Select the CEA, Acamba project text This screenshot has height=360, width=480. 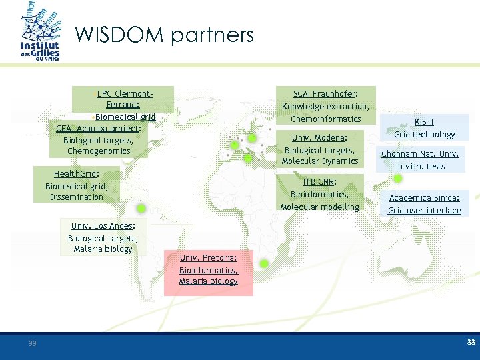pos(97,129)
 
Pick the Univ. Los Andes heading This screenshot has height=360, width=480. pos(101,226)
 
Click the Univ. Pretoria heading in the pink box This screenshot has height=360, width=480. pos(207,258)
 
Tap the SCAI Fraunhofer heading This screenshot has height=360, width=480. pos(325,94)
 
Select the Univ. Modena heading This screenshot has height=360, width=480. pos(319,137)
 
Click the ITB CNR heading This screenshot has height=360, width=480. pos(319,182)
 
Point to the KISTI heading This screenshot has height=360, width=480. pos(424,122)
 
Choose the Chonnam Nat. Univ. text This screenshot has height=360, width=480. pos(420,154)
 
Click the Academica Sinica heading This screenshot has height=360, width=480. pos(424,198)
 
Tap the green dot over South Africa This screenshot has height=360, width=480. pos(264,264)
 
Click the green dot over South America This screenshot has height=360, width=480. pos(141,209)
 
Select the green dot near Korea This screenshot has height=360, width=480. pos(397,179)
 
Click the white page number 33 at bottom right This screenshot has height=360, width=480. pos(471,342)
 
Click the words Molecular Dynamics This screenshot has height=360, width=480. pos(320,161)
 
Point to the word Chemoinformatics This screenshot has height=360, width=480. pos(325,119)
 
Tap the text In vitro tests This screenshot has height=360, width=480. pos(420,166)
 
